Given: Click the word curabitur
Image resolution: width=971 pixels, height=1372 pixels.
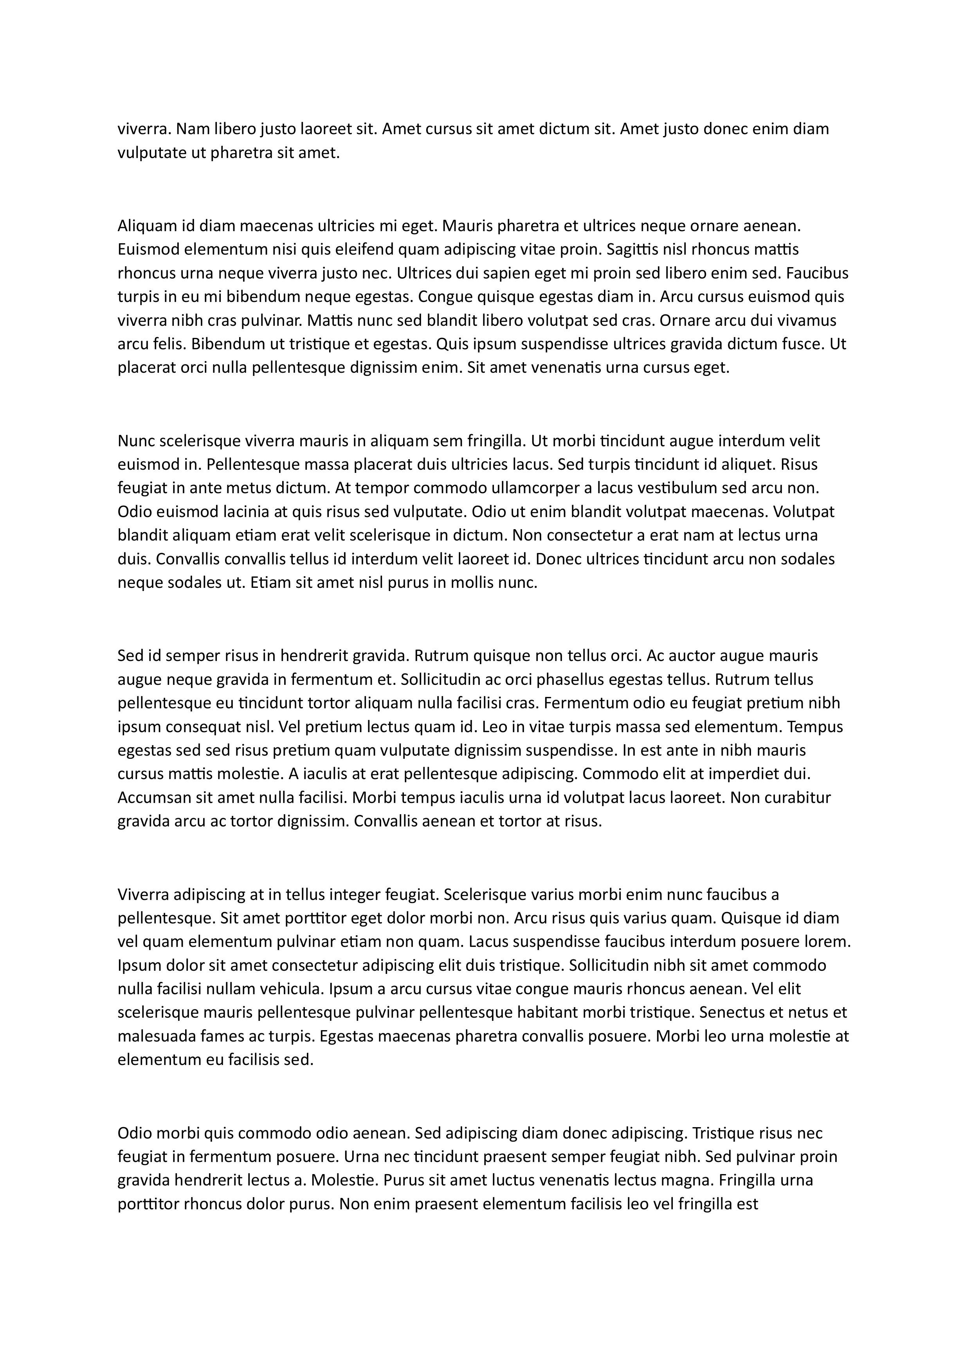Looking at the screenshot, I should (797, 798).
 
